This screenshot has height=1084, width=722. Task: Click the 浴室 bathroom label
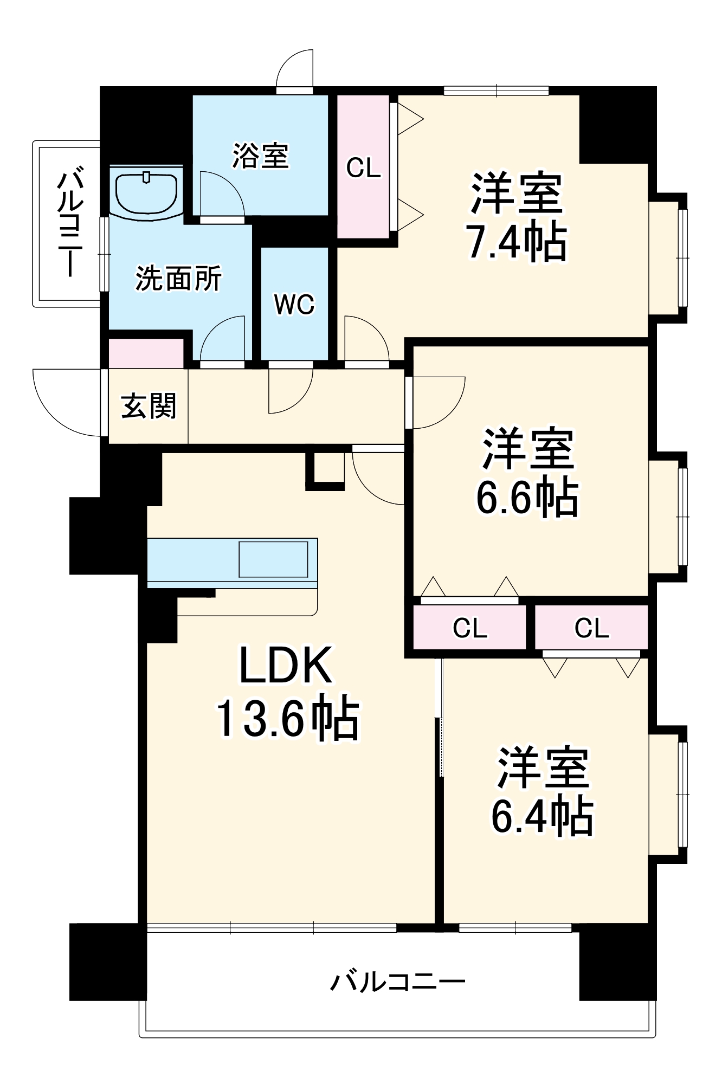(x=261, y=156)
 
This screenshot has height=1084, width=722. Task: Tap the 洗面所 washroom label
(x=178, y=279)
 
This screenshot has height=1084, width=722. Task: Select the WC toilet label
(x=294, y=305)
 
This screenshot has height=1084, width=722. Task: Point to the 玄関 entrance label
(x=149, y=406)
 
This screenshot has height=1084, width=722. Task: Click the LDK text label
(x=286, y=665)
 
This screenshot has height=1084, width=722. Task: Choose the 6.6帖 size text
(x=527, y=496)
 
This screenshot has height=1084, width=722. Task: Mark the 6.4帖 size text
(x=542, y=816)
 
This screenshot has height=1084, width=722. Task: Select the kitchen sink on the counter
(x=274, y=559)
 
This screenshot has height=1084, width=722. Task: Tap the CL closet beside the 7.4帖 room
(x=363, y=166)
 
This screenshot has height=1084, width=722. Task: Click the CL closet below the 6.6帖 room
(x=469, y=627)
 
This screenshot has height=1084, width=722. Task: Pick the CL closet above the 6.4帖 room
(x=591, y=627)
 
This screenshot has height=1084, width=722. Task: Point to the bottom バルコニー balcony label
(x=398, y=982)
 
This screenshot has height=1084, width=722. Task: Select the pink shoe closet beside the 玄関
(x=146, y=353)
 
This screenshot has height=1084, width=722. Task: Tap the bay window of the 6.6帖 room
(x=668, y=517)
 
